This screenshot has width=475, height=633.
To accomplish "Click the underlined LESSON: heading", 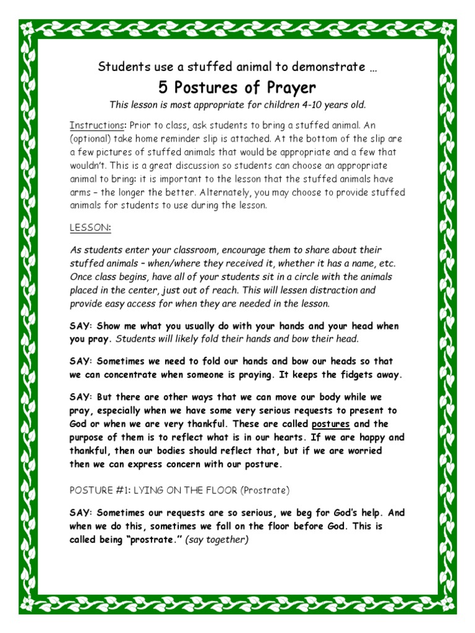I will tap(90, 227).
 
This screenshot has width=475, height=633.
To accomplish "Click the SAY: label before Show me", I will tap(82, 326).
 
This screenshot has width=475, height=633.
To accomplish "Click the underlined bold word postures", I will tap(331, 424).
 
